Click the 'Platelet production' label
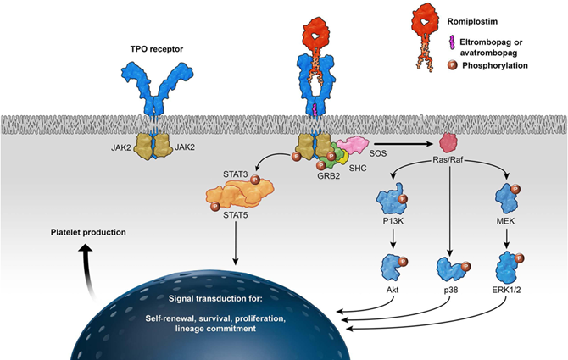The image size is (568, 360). [77, 232]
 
